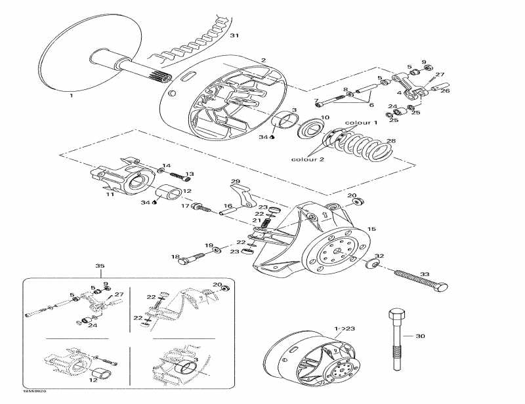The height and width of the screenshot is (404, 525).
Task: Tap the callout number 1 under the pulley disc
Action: [71, 95]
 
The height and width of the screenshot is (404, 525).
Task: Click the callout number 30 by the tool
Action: [421, 336]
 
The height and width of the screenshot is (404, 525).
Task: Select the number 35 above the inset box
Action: [100, 266]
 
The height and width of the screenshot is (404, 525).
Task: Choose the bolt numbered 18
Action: [186, 260]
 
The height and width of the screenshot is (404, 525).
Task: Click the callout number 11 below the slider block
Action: [110, 195]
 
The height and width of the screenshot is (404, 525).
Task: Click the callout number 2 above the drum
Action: [263, 60]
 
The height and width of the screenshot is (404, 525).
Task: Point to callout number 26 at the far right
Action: [446, 91]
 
